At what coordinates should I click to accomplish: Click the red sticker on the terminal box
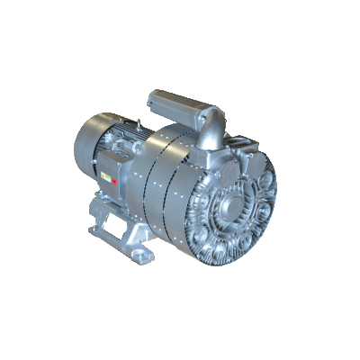point(118,177)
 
